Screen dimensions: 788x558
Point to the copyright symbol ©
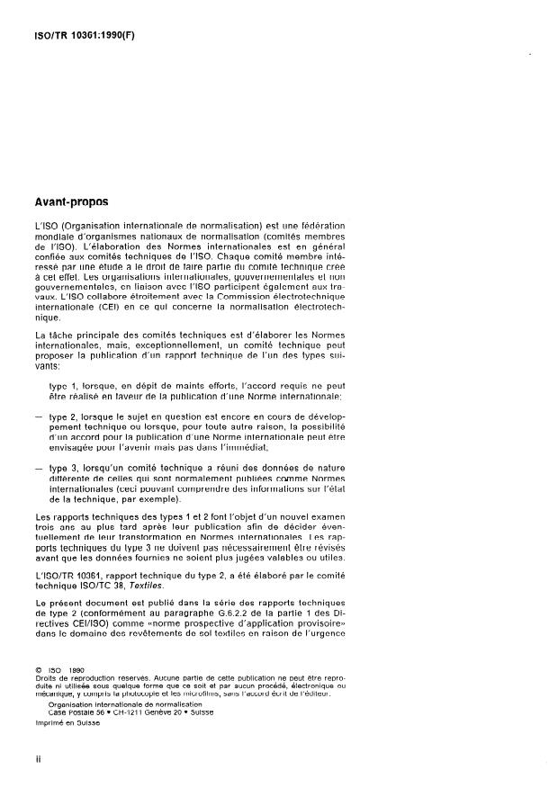pyautogui.click(x=37, y=668)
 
